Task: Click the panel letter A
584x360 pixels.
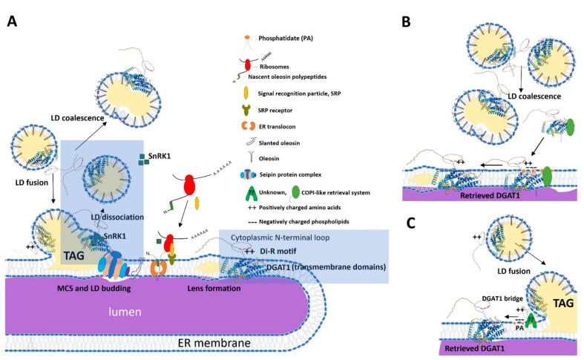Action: tap(12, 22)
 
